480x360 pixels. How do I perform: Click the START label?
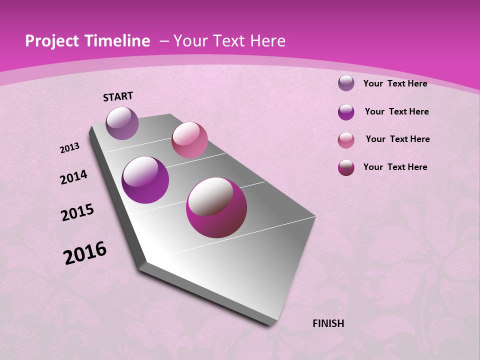coord(118,96)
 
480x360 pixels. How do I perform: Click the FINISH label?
coord(328,323)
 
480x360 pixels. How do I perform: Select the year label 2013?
coord(69,148)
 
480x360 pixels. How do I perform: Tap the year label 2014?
coord(73,177)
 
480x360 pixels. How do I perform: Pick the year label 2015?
coord(77,212)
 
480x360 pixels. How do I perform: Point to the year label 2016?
coord(85,253)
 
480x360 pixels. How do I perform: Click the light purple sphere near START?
coord(122,123)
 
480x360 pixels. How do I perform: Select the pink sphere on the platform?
coord(189,139)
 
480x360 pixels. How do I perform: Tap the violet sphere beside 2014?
coord(145,180)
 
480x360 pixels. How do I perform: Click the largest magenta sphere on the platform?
coord(216,207)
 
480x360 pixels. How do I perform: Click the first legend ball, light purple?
coord(346,83)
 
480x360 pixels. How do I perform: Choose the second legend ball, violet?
coord(346,111)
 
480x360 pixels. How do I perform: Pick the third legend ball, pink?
coord(346,139)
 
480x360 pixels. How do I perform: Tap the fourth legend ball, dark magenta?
coord(346,167)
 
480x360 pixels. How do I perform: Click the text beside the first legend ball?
coord(395,83)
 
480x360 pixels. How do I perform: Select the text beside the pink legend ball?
coord(397,139)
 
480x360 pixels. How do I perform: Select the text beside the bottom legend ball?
coord(395,167)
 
